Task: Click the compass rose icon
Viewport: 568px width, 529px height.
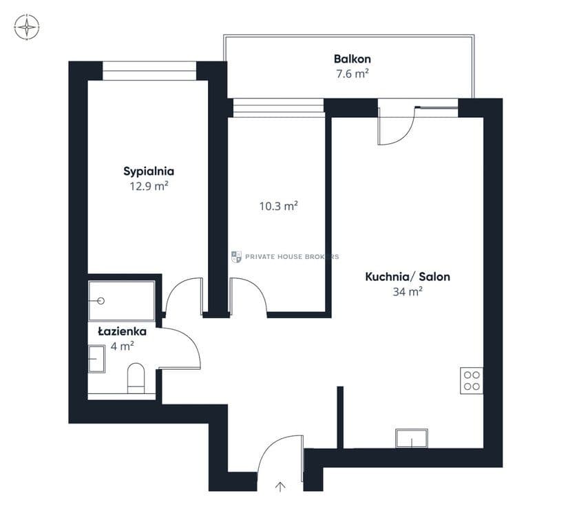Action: [x=27, y=27]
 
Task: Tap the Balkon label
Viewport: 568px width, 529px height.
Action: [x=352, y=59]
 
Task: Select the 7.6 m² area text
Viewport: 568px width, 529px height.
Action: [x=352, y=74]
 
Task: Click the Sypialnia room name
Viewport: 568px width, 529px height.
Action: [x=149, y=172]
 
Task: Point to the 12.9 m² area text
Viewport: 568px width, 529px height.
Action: [x=149, y=186]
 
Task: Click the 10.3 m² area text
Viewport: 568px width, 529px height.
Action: [x=278, y=206]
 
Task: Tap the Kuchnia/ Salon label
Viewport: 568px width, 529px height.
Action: [x=408, y=277]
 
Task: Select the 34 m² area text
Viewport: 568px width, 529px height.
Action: [x=408, y=291]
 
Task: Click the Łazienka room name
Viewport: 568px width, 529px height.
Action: [x=122, y=331]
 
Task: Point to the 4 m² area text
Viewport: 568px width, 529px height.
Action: [x=122, y=346]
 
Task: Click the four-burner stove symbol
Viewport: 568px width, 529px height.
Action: [x=472, y=380]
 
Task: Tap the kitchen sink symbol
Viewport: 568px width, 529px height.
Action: [x=412, y=438]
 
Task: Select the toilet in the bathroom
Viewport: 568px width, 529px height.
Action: [x=136, y=378]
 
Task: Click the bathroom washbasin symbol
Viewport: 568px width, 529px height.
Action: [x=96, y=359]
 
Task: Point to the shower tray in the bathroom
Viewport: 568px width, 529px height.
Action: [x=122, y=301]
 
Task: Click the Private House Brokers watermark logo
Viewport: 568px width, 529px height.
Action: [x=236, y=257]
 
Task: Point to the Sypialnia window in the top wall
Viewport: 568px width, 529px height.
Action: [x=149, y=71]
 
